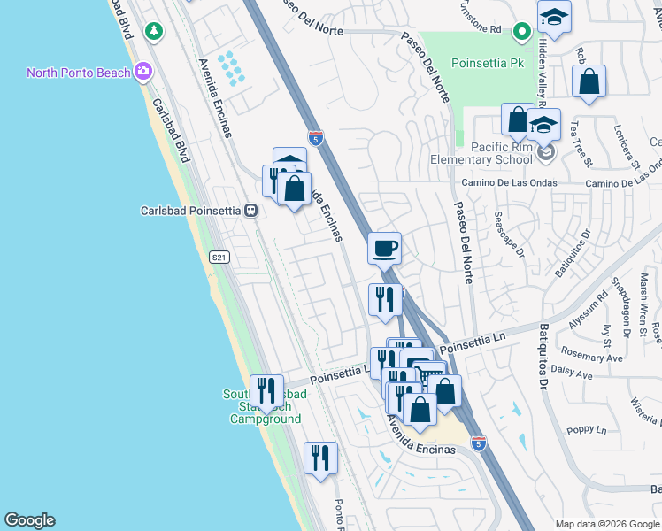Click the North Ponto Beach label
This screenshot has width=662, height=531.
(78, 73)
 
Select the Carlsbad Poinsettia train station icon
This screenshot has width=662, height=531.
(251, 212)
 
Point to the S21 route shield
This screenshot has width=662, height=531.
(219, 257)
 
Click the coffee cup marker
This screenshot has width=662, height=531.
(384, 248)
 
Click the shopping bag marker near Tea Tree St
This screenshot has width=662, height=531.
(589, 82)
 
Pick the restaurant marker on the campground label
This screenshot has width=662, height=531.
(266, 390)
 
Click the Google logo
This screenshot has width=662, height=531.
(29, 520)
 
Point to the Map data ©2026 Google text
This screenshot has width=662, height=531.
(607, 524)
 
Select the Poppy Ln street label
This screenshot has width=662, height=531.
(586, 431)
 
